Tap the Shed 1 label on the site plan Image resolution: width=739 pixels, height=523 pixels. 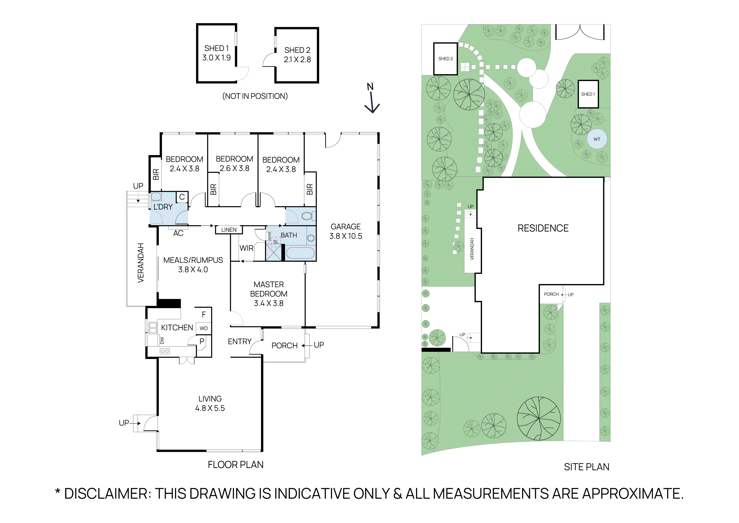588,94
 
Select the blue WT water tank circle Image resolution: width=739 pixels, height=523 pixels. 597,139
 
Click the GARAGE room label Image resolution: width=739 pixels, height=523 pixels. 346,227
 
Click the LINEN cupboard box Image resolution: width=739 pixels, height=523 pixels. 229,230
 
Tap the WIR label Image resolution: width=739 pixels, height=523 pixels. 246,248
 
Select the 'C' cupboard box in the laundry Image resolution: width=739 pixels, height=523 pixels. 182,197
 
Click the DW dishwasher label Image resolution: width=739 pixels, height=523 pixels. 162,340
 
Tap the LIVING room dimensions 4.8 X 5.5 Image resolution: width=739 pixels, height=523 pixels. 210,408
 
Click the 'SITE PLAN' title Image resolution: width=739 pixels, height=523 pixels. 587,467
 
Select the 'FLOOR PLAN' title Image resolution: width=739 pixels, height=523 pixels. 236,465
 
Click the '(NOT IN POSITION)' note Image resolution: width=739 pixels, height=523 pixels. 255,96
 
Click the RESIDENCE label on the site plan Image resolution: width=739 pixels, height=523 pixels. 543,228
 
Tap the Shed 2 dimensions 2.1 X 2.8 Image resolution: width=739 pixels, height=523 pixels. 297,60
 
